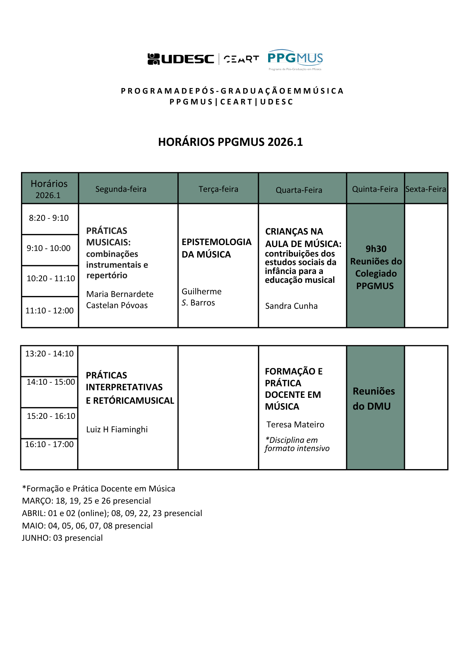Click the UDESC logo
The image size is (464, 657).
point(181,59)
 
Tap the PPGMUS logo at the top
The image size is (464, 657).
point(295,60)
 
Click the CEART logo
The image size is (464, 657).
point(241,59)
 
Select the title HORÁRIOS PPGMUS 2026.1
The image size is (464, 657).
point(230,142)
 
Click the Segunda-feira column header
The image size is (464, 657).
point(121,189)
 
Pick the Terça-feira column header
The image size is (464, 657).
point(218,189)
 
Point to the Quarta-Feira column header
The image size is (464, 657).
point(299,190)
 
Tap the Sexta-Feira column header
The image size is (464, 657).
point(426,189)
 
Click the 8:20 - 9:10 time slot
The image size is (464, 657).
point(49,218)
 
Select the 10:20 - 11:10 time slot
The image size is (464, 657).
point(51,278)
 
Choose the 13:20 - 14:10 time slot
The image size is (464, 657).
point(50,353)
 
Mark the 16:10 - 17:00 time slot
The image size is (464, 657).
point(50,444)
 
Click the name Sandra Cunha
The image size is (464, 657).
point(291,306)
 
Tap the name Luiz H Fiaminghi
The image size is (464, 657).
point(117,429)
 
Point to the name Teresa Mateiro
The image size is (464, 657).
point(295,424)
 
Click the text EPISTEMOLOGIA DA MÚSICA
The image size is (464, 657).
point(217,248)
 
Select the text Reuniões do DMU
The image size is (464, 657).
point(374,398)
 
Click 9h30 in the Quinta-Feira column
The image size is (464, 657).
point(376,249)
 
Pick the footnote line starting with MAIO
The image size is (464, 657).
point(87,526)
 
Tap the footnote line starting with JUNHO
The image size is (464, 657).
point(62,538)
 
